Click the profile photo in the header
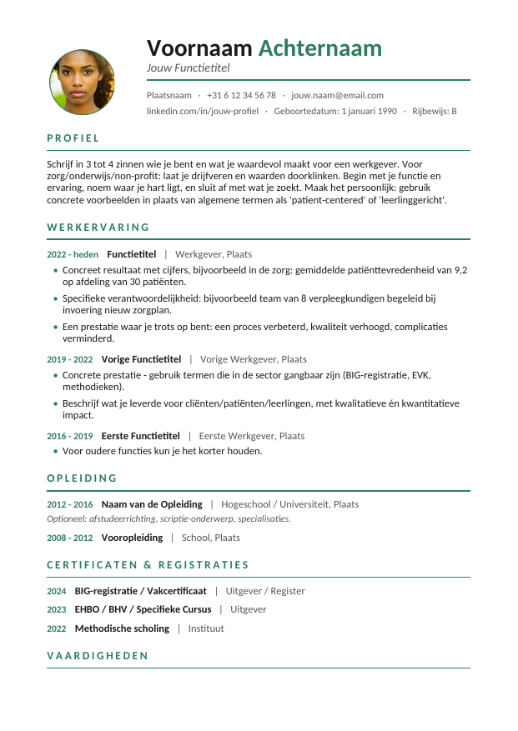tap(82, 82)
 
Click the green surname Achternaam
tap(319, 48)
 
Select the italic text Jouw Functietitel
tap(188, 68)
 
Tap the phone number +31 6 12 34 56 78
tap(241, 95)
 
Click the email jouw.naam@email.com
tap(337, 95)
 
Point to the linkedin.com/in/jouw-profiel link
tap(203, 111)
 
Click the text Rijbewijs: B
tap(435, 111)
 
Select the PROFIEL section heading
tap(73, 138)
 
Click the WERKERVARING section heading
tap(98, 227)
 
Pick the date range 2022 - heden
tap(73, 254)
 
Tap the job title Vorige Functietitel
tap(141, 359)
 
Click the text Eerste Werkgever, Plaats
tap(252, 436)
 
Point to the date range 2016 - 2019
tap(70, 436)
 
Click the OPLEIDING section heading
tap(82, 478)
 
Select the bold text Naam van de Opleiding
tap(152, 504)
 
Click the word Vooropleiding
tap(132, 538)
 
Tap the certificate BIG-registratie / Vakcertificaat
tap(140, 591)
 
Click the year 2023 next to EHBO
tap(57, 609)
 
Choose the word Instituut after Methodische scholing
tap(206, 628)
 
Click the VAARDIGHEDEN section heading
tap(98, 656)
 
